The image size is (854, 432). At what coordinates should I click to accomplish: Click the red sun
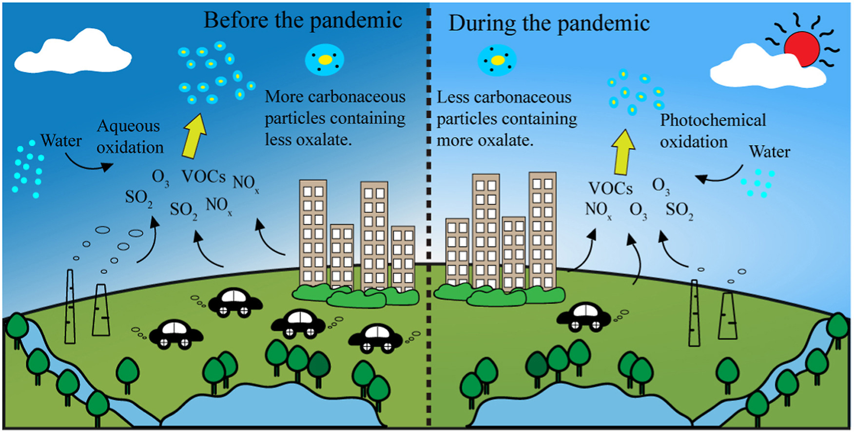point(801,47)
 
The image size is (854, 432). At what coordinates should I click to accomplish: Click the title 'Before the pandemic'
point(303,21)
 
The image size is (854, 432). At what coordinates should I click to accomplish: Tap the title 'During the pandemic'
point(549,23)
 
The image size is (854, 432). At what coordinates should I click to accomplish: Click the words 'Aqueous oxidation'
point(130,137)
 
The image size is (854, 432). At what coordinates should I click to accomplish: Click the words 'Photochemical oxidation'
point(713,131)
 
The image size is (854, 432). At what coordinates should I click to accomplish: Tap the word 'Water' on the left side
point(61,140)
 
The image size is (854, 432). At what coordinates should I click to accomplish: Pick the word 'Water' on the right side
point(769,152)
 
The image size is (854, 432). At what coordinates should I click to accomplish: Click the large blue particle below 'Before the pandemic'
point(325,60)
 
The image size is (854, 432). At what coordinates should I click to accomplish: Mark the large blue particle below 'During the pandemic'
point(497,60)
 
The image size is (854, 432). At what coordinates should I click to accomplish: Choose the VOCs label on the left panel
point(204,177)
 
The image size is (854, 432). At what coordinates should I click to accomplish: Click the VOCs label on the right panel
point(610,188)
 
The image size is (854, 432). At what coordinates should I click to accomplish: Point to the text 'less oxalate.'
point(308,140)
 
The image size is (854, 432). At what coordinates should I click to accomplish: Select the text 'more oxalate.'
point(485,140)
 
